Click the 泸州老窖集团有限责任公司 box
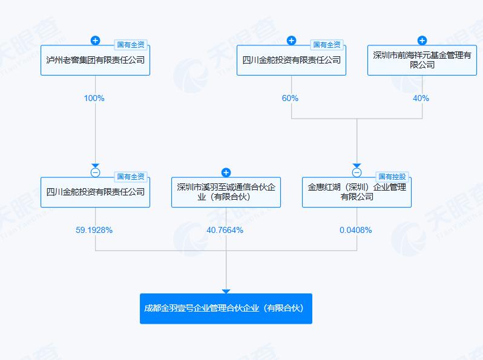click(95, 60)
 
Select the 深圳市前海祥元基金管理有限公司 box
click(422, 60)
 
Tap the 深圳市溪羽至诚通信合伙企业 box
click(226, 192)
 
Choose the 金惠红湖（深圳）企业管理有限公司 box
click(356, 192)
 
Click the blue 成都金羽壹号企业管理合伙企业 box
click(226, 309)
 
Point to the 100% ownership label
click(94, 98)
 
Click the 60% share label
click(290, 98)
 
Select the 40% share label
click(421, 98)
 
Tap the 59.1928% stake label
click(94, 230)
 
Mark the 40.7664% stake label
click(225, 230)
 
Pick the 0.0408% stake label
click(356, 230)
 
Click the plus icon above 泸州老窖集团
click(96, 41)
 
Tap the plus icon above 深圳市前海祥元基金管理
click(422, 41)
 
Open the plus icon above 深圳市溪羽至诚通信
click(226, 172)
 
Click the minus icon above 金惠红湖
click(356, 172)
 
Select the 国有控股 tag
click(392, 177)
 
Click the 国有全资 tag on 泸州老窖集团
click(131, 45)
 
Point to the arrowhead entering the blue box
click(226, 291)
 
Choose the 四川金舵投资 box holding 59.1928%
click(95, 192)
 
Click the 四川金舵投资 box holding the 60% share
click(291, 60)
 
